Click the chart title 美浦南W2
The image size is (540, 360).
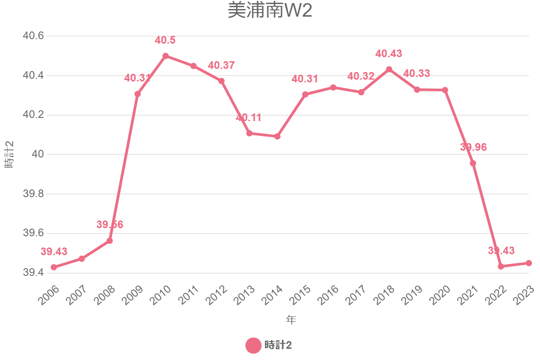tap(270, 11)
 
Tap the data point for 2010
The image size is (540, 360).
tap(166, 56)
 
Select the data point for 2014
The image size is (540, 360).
tap(277, 136)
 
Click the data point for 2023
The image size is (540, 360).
tap(529, 263)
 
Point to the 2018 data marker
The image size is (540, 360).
tap(389, 69)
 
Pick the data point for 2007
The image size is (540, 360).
tap(81, 259)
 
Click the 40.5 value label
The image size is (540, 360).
tap(165, 40)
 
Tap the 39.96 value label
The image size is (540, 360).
tap(473, 147)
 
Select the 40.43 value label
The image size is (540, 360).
tap(389, 54)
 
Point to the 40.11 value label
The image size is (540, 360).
tap(248, 118)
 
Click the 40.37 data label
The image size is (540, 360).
tap(221, 65)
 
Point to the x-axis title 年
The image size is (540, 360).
tap(291, 320)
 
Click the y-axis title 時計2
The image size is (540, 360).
tap(9, 154)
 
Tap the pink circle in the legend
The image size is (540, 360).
tap(253, 346)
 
